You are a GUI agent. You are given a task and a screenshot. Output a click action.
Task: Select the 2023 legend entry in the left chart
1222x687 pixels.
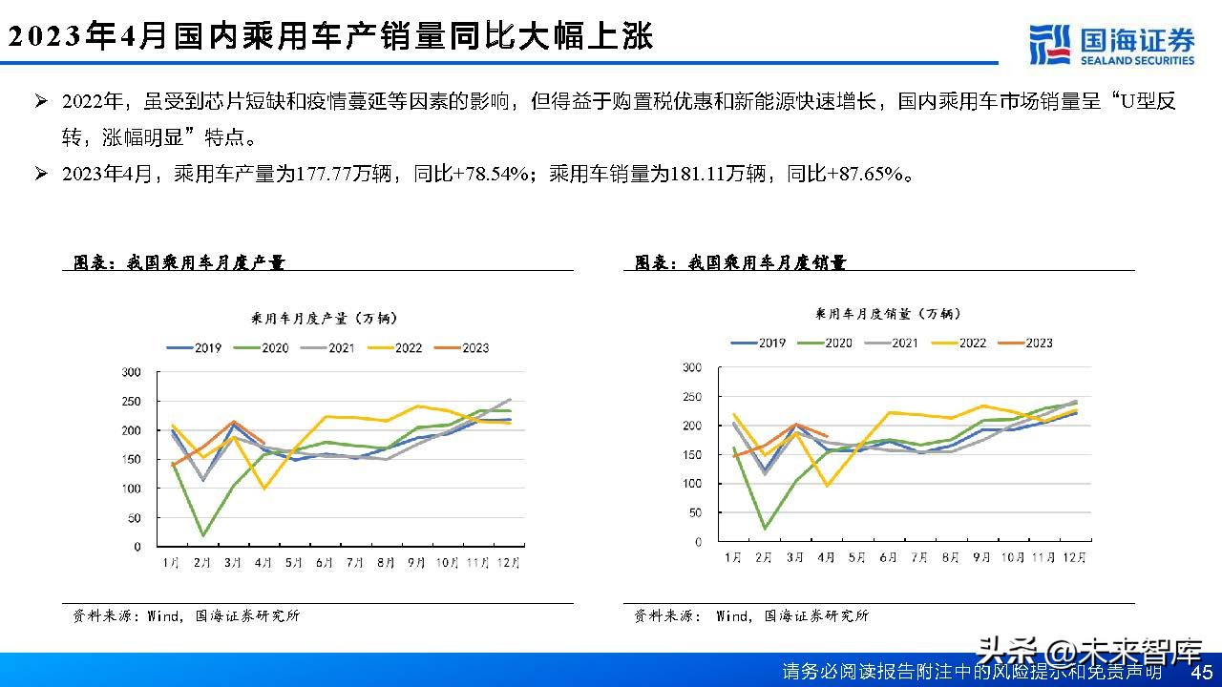tap(462, 348)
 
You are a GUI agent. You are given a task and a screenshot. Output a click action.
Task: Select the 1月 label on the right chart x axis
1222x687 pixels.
tap(733, 557)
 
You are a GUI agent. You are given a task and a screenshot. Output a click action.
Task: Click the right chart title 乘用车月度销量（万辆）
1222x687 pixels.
tap(888, 313)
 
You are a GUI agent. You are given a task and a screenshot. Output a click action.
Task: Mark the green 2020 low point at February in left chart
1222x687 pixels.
tap(202, 535)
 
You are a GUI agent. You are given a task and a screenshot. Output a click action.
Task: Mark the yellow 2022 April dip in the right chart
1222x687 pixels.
tap(826, 486)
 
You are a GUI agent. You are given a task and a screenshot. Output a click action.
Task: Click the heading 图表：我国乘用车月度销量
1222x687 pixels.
tap(741, 263)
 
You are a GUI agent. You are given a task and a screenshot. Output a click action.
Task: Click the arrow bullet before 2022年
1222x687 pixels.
tap(41, 101)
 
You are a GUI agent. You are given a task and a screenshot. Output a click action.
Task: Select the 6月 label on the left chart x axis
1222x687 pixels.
tap(324, 563)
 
